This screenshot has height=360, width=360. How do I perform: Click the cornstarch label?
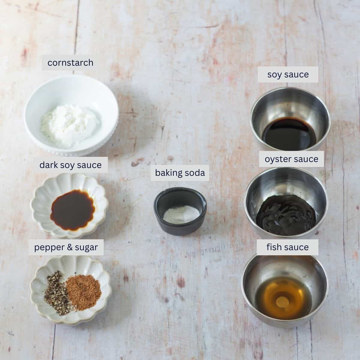[70, 63]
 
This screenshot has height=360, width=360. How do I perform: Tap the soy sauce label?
[288, 74]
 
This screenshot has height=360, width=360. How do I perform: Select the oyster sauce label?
[291, 159]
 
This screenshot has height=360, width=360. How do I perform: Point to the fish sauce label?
[287, 247]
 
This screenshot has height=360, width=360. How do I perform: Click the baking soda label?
[180, 173]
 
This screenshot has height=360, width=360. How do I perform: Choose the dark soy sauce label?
[70, 165]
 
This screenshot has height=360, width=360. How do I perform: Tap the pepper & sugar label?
[66, 247]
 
